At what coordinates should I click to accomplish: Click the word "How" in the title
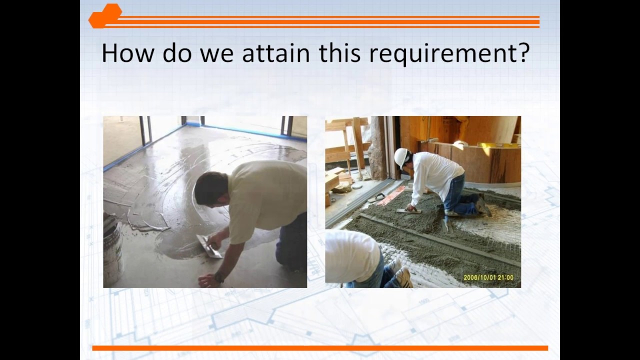[x=126, y=53]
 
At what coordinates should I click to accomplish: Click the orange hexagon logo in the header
[x=105, y=16]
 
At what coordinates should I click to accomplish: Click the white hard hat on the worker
[x=401, y=157]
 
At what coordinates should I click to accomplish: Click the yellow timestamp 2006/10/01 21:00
[x=488, y=277]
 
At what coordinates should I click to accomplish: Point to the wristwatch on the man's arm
[x=218, y=278]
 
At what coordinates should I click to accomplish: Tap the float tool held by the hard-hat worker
[x=408, y=211]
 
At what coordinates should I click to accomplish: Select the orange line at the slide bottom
[x=320, y=348]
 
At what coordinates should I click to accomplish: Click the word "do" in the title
[x=177, y=53]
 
